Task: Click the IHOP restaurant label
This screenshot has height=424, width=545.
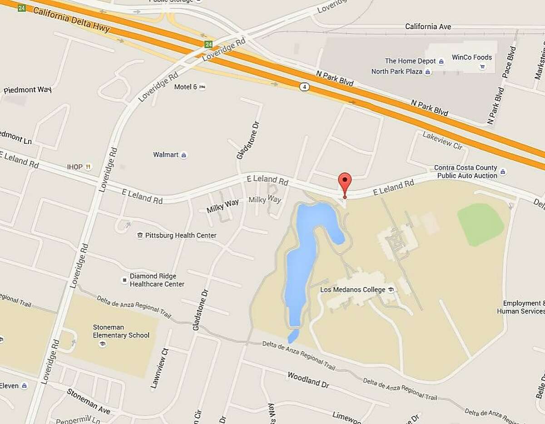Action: click(x=75, y=167)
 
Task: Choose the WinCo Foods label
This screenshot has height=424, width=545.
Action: click(x=471, y=57)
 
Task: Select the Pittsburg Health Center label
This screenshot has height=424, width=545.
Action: click(x=177, y=235)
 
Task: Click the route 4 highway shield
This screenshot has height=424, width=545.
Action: click(x=304, y=87)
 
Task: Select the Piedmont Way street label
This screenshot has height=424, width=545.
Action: click(x=27, y=90)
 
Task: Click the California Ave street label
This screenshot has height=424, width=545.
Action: click(x=428, y=27)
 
